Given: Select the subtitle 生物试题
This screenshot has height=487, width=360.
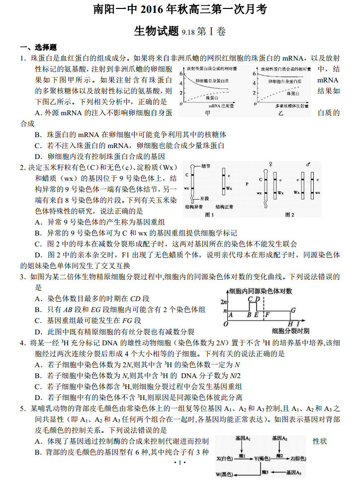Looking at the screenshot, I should tap(156, 31).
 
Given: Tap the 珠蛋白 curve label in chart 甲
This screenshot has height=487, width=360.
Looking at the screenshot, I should tap(212, 98).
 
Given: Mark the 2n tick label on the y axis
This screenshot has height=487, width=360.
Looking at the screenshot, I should tap(224, 301).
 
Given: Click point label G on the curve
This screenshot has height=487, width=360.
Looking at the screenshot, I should tap(293, 310).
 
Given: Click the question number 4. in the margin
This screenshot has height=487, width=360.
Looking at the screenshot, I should tap(23, 343).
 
